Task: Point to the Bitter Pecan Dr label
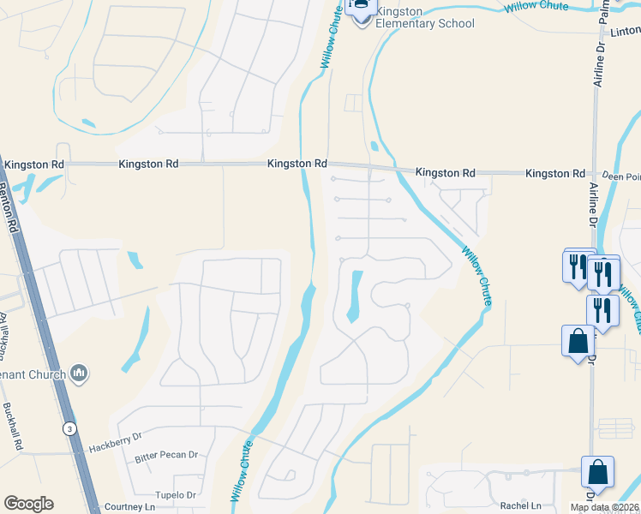(166, 456)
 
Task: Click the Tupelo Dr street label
(175, 495)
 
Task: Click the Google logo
(28, 504)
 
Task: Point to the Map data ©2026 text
(604, 507)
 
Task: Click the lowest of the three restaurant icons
(602, 310)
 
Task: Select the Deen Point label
(621, 176)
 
